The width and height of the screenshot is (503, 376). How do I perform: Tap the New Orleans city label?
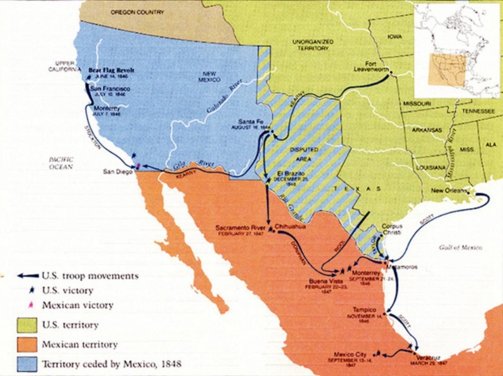[x=449, y=191]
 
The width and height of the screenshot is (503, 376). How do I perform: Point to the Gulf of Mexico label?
[x=460, y=248]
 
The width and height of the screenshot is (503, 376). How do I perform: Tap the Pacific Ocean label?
[x=61, y=163]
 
